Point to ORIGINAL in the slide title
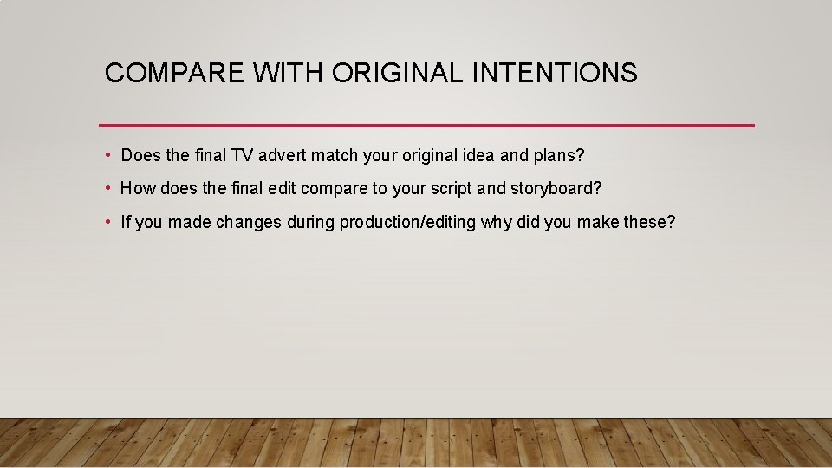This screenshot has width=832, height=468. tap(398, 73)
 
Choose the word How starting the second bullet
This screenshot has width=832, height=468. tap(137, 189)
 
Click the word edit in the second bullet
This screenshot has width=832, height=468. tap(276, 189)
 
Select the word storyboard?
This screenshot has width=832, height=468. tap(556, 189)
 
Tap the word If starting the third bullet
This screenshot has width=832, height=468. tap(126, 222)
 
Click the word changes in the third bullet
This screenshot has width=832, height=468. tap(249, 222)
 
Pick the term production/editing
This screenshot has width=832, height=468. tap(407, 222)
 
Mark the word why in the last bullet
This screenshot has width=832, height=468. tap(497, 222)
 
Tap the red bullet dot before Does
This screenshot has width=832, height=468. tap(107, 156)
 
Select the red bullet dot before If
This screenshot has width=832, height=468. tap(107, 222)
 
